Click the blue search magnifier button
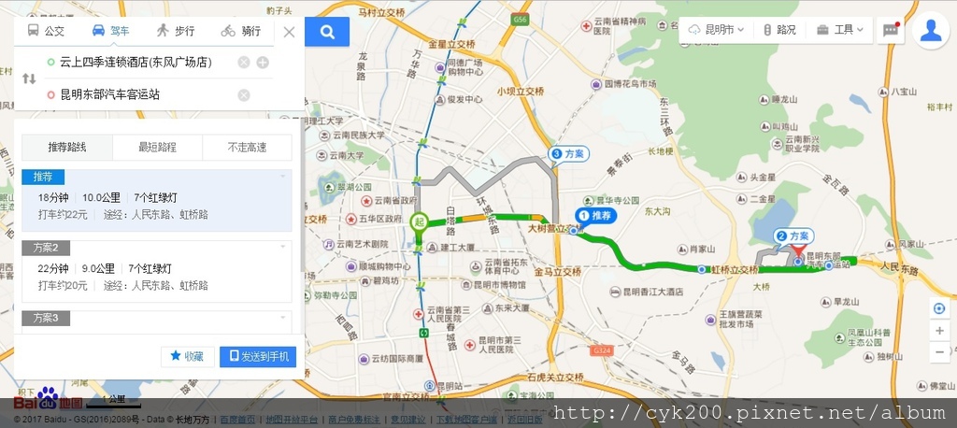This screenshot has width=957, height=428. point(327,32)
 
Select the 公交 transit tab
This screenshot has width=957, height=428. point(47,31)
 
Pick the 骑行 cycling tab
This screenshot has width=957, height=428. point(241,31)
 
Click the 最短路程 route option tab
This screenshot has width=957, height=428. point(157,148)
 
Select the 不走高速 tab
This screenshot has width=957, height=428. point(247,148)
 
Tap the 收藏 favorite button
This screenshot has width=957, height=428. point(187,356)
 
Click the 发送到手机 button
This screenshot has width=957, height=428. point(258,356)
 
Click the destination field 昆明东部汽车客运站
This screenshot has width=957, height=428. point(140,94)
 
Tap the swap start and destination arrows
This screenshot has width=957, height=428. point(29,78)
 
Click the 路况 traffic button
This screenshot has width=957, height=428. point(780,30)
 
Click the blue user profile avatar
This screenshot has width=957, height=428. point(930,30)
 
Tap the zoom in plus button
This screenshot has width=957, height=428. point(939,331)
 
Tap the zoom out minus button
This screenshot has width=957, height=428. point(939,352)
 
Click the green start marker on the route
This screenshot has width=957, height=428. point(419,221)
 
